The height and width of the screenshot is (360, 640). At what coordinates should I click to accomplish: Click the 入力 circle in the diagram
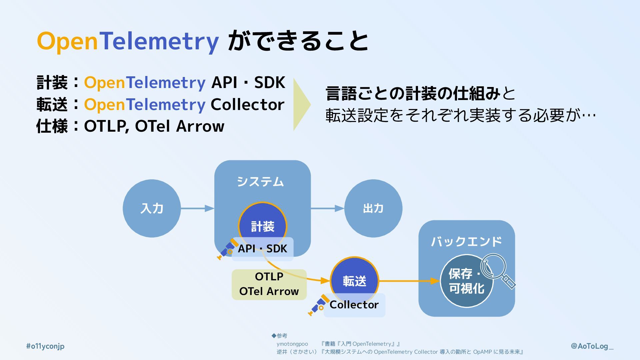[x=152, y=208]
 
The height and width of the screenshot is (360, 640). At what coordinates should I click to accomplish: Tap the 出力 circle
[x=373, y=208]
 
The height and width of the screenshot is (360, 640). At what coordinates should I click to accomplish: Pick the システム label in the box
[x=260, y=182]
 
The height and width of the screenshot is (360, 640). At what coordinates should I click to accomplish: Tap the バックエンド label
[x=466, y=241]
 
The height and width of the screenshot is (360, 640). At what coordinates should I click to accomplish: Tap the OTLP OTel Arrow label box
[x=269, y=284]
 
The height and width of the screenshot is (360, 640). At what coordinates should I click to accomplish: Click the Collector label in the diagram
[x=354, y=305]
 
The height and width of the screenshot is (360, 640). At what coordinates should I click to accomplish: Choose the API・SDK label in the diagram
[x=262, y=249]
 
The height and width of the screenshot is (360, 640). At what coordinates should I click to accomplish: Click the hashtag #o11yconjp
[x=45, y=346]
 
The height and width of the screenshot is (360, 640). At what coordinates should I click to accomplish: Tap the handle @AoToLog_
[x=592, y=346]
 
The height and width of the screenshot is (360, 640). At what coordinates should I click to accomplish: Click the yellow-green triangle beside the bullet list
[x=301, y=104]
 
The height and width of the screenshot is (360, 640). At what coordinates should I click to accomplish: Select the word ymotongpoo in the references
[x=292, y=344]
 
